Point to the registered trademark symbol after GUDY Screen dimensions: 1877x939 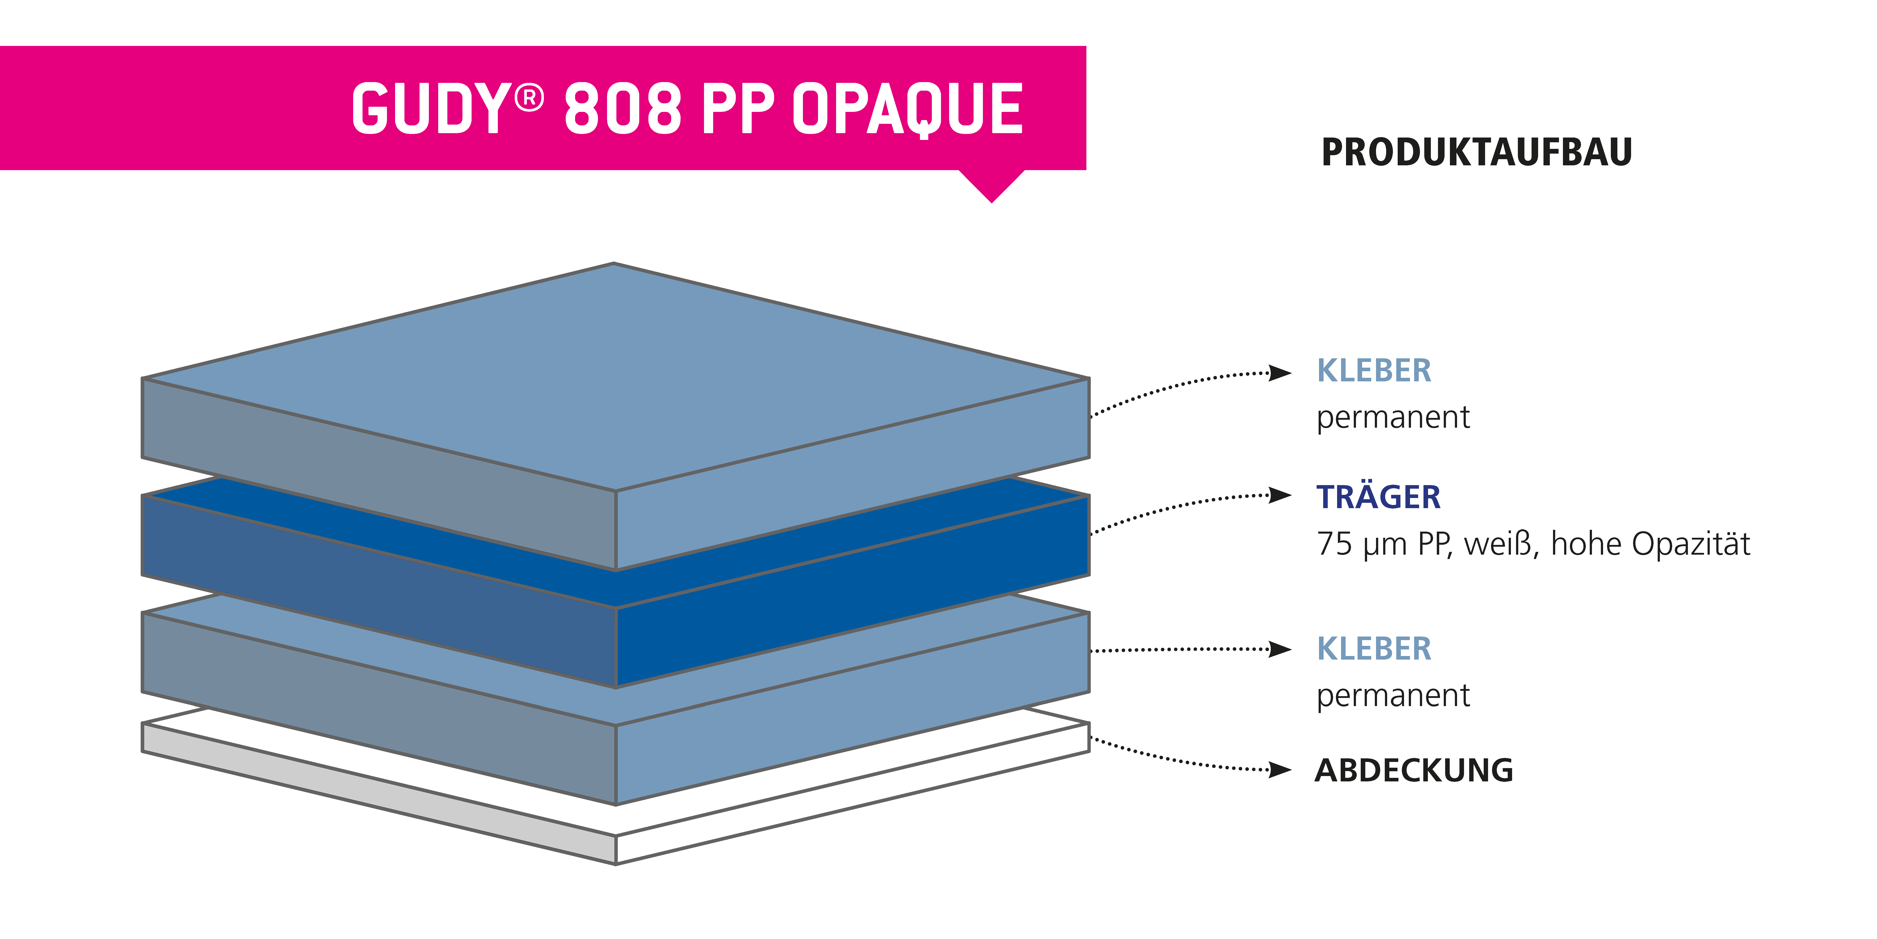click(529, 98)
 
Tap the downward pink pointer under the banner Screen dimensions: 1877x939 click(992, 186)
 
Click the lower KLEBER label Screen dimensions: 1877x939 click(1373, 649)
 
